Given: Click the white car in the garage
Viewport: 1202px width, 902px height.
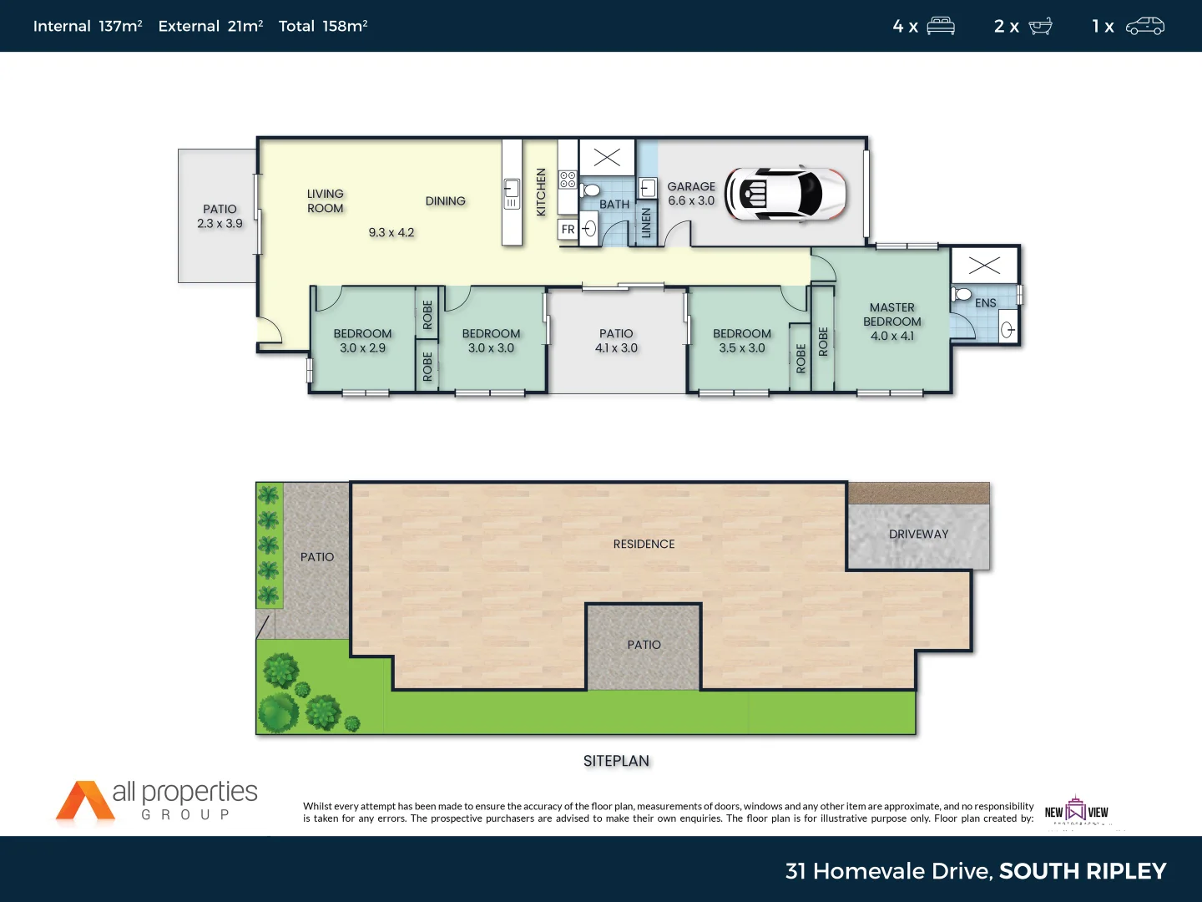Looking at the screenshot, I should point(785,194).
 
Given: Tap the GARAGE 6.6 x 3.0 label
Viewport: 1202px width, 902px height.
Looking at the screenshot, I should point(691,194).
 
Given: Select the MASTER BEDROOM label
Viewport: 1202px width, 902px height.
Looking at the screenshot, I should point(892,322).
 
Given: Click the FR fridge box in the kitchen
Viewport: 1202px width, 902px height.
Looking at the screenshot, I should point(568,229).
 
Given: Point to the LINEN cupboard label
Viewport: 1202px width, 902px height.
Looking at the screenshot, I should point(646,223).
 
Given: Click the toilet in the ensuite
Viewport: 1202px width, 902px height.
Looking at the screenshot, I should point(962,294).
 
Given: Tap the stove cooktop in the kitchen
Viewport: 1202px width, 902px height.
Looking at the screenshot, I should point(568,180).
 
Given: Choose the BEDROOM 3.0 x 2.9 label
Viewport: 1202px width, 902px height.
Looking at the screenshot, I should point(362,341).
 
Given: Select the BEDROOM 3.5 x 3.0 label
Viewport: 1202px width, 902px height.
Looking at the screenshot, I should point(742,341).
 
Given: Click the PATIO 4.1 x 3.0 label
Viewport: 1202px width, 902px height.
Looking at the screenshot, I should point(616,341).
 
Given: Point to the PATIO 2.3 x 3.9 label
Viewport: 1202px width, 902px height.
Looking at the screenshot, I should point(220,216).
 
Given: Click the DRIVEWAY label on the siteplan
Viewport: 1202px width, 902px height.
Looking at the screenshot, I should point(918,535).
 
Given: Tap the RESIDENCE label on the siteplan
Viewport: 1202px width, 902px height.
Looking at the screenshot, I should point(644,545).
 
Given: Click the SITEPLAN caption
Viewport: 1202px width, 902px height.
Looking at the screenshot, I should point(616,761).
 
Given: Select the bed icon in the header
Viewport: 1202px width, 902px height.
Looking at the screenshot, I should point(941,26).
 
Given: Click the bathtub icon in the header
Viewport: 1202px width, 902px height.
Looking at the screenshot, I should point(1040,26).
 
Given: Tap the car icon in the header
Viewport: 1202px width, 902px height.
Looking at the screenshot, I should point(1144,26).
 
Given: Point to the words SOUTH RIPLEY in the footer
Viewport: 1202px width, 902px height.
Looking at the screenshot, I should point(1083,871).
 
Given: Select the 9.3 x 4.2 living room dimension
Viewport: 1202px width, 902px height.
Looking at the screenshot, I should point(391,233).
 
